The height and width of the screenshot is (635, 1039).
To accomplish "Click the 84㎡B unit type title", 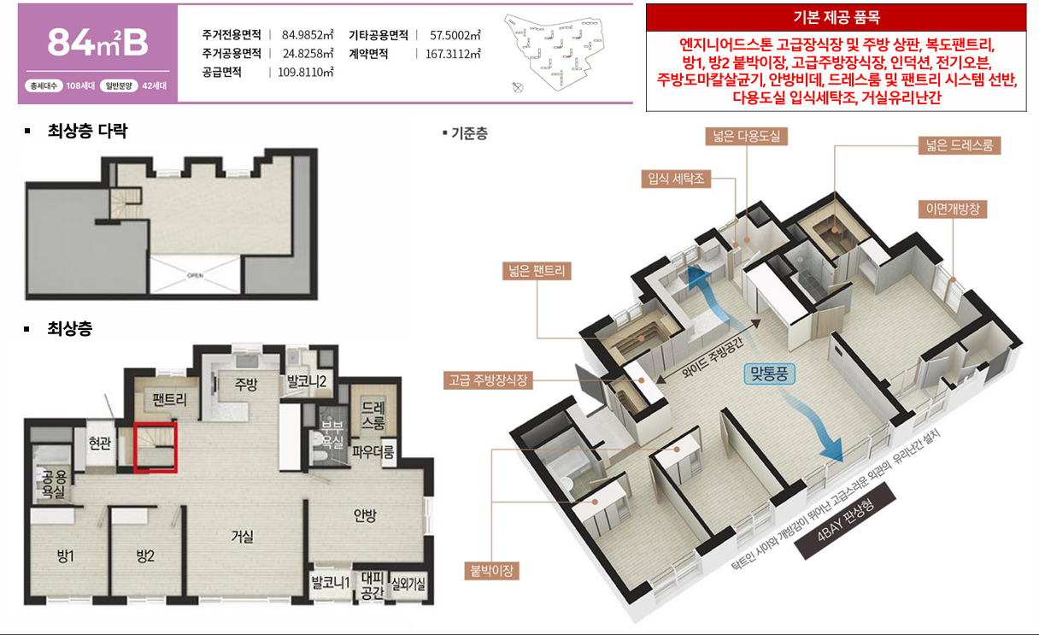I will (98, 43).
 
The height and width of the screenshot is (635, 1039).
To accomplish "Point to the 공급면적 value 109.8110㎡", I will (305, 73).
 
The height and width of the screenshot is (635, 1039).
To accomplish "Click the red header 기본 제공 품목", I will (836, 17).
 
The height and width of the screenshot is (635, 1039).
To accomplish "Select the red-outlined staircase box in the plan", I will (156, 446).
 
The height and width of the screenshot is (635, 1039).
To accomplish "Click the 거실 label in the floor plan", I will (242, 537).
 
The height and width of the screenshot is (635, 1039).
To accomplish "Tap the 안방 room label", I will (366, 515).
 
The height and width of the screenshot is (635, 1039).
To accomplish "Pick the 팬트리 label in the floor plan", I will (170, 399).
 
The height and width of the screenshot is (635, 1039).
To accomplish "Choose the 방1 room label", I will (66, 556).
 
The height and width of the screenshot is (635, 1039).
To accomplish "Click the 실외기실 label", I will (408, 586).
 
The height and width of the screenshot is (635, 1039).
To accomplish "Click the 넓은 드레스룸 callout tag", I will (959, 145).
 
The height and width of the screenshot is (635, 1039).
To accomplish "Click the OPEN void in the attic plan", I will (193, 275).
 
